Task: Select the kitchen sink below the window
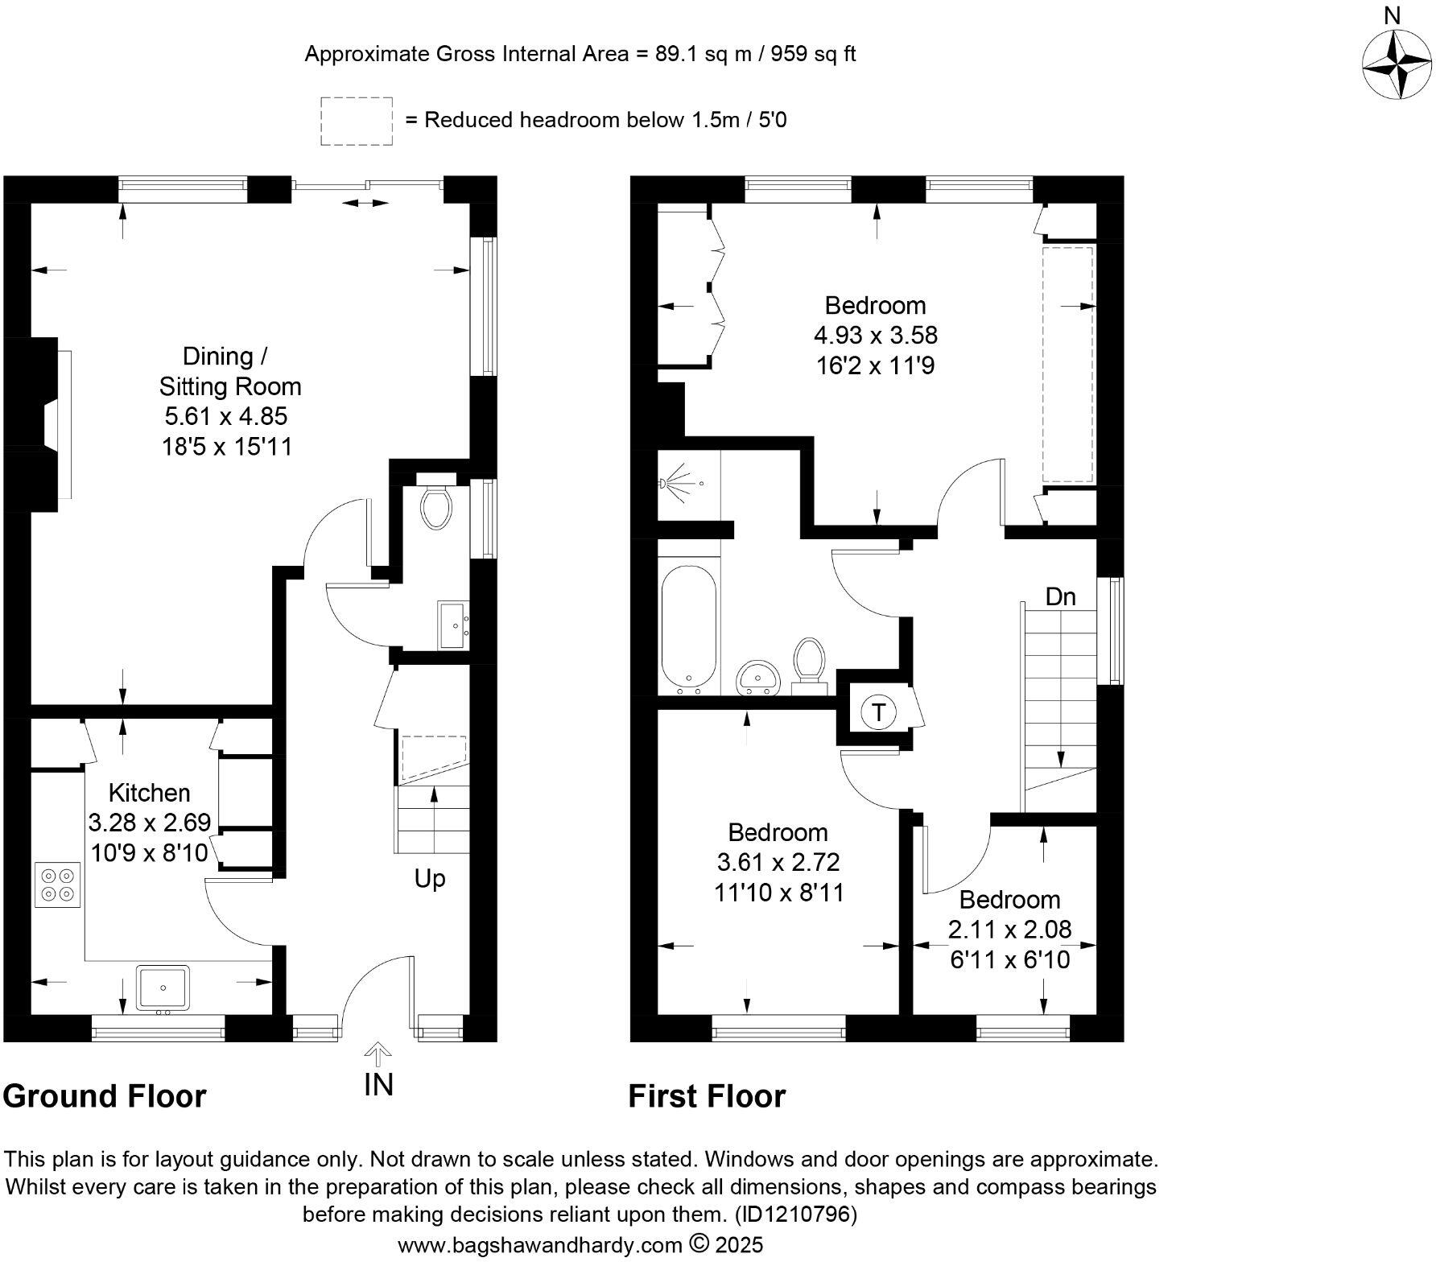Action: [x=163, y=987]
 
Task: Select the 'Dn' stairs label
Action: [x=1060, y=597]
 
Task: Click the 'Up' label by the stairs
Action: [x=430, y=878]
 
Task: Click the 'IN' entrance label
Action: [x=378, y=1085]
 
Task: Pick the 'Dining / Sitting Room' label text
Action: [x=229, y=371]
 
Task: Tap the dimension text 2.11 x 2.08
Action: [x=1009, y=930]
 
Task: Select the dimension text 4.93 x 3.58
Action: [x=877, y=335]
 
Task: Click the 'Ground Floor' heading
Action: [x=105, y=1096]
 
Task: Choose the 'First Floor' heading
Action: [x=706, y=1096]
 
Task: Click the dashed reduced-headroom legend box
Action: [x=357, y=121]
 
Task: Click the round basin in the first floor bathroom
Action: [x=758, y=675]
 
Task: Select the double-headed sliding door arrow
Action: [x=364, y=204]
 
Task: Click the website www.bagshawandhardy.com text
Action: [x=540, y=1245]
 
